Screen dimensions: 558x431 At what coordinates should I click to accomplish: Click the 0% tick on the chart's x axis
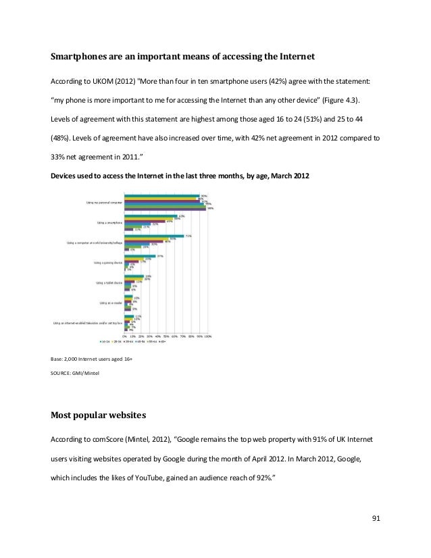click(124, 335)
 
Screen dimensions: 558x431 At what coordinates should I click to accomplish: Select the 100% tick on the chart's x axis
click(207, 335)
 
